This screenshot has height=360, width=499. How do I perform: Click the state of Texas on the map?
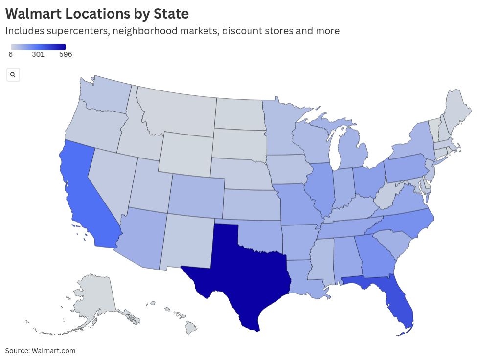point(240,274)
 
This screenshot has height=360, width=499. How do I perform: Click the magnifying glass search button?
point(13,75)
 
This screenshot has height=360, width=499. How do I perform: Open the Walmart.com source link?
point(53,351)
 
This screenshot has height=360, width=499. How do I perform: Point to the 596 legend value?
point(66,55)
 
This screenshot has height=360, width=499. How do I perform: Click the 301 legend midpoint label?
point(38,55)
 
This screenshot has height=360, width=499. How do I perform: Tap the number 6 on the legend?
point(11,55)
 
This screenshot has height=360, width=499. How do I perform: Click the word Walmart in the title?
point(32,13)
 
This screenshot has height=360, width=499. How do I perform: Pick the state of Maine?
point(457,110)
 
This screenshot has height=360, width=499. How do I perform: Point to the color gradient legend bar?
point(38,47)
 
